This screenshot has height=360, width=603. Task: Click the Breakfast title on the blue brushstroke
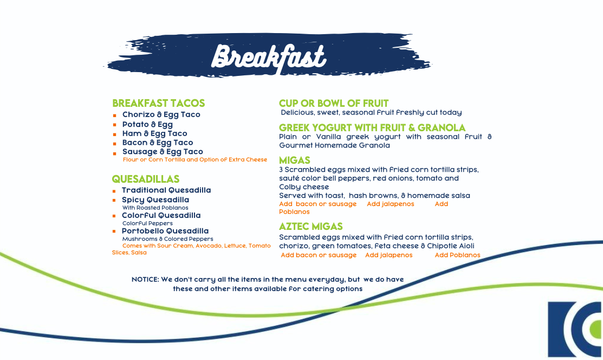click(269, 58)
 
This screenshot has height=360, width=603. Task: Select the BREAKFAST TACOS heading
click(158, 103)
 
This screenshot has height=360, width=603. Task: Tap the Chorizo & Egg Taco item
click(161, 114)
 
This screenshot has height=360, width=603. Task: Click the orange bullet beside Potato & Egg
click(115, 125)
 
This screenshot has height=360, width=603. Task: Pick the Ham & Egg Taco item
click(154, 133)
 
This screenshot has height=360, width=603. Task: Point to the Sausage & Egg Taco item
click(163, 152)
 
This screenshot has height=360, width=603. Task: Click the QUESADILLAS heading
click(146, 179)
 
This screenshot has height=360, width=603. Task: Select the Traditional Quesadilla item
click(166, 190)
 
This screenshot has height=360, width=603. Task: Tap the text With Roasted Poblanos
click(155, 208)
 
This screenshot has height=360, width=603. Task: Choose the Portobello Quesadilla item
click(165, 231)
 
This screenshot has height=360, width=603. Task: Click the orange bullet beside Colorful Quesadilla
click(114, 216)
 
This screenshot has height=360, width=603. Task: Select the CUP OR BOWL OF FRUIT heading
click(334, 103)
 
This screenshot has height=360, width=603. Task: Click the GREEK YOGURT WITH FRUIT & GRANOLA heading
click(372, 127)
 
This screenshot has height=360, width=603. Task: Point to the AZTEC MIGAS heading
click(311, 227)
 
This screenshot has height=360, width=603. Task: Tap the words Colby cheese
click(304, 187)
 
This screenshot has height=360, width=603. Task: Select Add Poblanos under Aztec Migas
click(457, 255)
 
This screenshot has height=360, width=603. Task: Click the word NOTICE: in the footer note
click(145, 280)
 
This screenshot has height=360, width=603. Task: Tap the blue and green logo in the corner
click(575, 330)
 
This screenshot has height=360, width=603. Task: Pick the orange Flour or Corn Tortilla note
click(195, 160)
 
